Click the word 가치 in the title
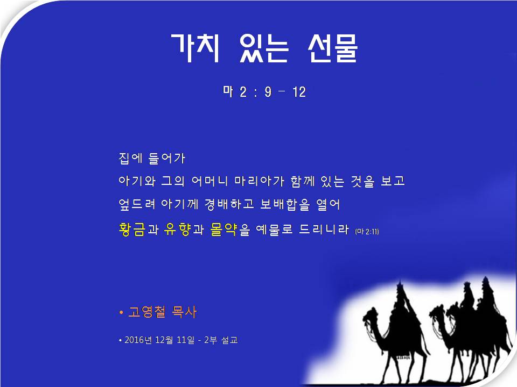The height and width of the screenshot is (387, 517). (x=195, y=48)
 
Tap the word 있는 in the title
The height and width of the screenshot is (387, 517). (x=264, y=48)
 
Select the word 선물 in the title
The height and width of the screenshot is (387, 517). (x=333, y=48)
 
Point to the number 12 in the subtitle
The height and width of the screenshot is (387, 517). (x=299, y=92)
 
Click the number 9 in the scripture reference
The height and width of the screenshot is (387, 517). (x=268, y=92)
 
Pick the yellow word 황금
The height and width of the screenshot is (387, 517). (x=131, y=230)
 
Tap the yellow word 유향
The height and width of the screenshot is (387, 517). (x=177, y=230)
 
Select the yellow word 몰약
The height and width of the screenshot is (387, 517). (x=223, y=230)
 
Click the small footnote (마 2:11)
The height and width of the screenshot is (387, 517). (x=367, y=232)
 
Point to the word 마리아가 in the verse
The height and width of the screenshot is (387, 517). (x=259, y=181)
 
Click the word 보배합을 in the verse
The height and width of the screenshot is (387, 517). (x=285, y=204)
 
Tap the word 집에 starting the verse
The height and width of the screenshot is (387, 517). (x=130, y=158)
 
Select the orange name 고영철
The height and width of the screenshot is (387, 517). (x=146, y=312)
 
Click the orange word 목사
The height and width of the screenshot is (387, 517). (x=184, y=312)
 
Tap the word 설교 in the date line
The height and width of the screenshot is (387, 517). (x=229, y=340)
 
